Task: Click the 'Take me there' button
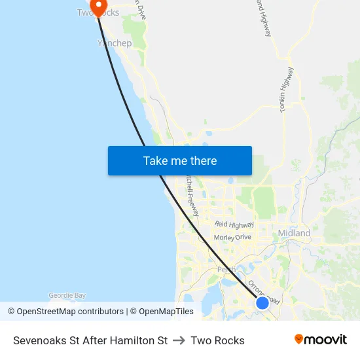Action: [180, 161]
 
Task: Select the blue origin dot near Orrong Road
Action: [262, 302]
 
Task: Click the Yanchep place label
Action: [115, 43]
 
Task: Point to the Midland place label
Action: [294, 233]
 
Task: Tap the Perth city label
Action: [226, 269]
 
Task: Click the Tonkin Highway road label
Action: [287, 90]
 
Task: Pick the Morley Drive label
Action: [232, 237]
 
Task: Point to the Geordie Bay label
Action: [67, 296]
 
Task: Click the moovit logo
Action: [320, 339]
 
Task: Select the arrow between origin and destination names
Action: [179, 340]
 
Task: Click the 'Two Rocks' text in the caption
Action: [217, 340]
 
